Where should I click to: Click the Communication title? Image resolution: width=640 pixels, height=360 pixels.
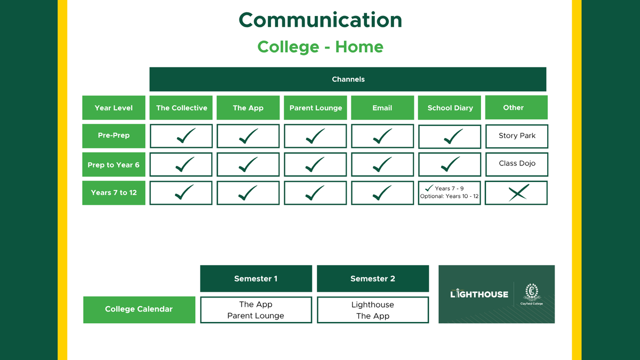321,20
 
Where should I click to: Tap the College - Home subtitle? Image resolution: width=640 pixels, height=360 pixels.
321,46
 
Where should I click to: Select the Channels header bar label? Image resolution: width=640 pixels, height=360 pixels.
348,79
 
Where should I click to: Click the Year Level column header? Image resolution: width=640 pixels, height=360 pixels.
114,108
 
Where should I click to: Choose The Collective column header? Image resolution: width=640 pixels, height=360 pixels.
181,108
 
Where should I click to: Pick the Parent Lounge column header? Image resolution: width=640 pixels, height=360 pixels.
315,108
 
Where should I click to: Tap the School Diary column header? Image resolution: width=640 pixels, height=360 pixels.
450,108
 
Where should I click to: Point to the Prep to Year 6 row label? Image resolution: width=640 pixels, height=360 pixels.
114,165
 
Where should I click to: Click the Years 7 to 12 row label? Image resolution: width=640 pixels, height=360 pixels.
114,193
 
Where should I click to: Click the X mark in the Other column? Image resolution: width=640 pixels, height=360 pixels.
518,193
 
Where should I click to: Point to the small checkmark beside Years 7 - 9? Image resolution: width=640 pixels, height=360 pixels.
429,188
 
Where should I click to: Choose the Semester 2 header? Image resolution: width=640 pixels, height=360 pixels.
373,278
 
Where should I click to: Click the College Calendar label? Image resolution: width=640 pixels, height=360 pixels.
139,310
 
